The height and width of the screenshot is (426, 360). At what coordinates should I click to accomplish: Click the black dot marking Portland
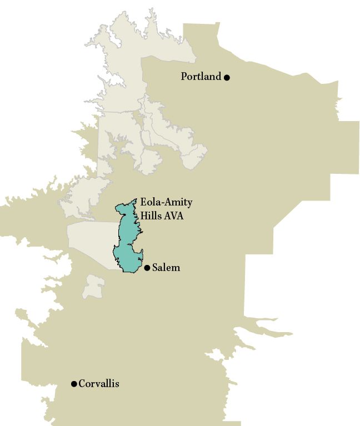pos(227,77)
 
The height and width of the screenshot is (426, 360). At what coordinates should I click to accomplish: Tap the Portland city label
pos(201,77)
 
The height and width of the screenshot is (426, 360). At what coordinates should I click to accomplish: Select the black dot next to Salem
pos(147,268)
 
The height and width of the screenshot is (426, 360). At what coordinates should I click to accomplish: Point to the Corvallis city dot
pos(74,384)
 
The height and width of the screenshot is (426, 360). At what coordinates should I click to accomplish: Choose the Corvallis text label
pos(99,384)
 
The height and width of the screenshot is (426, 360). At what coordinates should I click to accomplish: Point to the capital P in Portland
pos(184,77)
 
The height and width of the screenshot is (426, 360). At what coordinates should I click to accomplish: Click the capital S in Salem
pos(155,268)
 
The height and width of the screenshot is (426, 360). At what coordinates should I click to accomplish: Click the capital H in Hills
pos(143,216)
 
